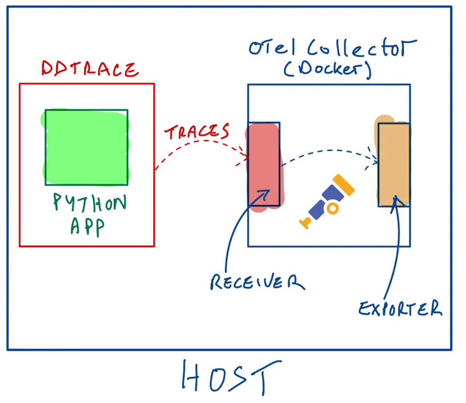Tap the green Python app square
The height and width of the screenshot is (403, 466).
point(86,147)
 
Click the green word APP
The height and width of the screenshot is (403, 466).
point(87,226)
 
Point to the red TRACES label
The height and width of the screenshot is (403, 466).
point(197,132)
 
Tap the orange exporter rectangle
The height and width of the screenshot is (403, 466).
point(393,164)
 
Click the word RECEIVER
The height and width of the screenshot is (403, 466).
point(257,282)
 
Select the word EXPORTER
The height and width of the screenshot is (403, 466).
point(400,308)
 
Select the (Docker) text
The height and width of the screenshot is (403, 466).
point(327,70)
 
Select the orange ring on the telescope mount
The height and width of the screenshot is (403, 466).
point(331,208)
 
